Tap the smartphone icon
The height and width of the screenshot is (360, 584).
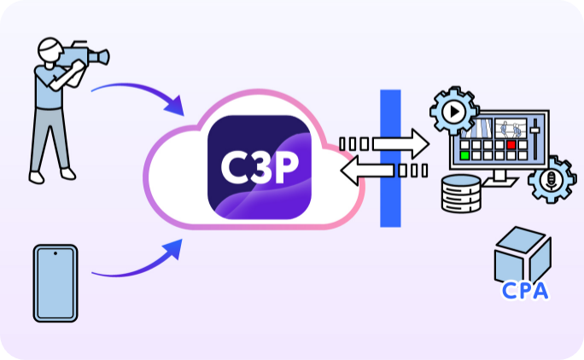pos(55,283)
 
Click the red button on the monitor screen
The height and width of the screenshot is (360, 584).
pos(511,145)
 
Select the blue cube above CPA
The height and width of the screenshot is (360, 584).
pos(523,253)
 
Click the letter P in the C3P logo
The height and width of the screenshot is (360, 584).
pos(283,165)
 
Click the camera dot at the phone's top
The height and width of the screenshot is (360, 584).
pos(55,253)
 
